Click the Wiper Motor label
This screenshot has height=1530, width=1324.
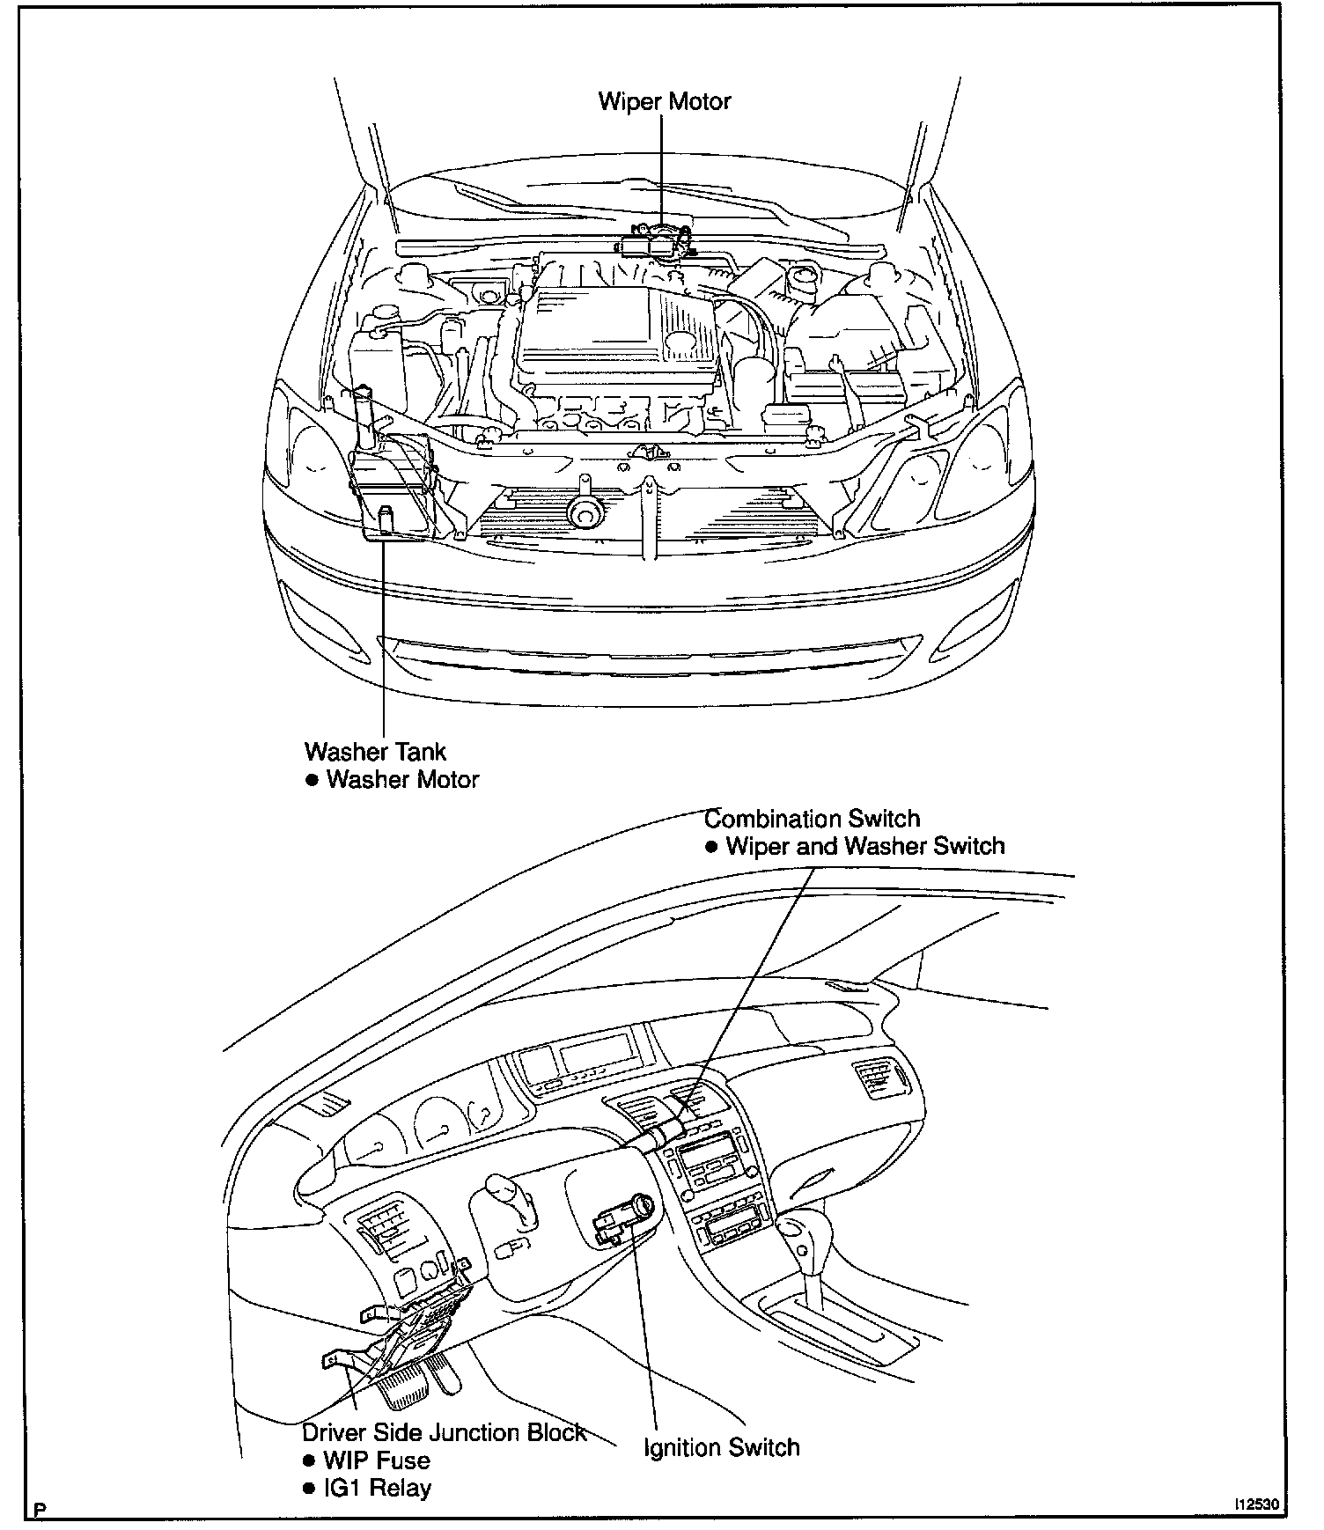click(x=665, y=102)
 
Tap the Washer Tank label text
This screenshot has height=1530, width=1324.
click(x=375, y=752)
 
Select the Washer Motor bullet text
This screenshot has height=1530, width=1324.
click(x=402, y=780)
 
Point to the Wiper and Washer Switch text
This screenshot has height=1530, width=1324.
click(x=864, y=847)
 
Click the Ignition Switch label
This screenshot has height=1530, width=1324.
click(x=721, y=1447)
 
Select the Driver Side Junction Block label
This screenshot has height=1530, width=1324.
click(x=444, y=1432)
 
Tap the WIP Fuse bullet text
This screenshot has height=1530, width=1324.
click(x=377, y=1460)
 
